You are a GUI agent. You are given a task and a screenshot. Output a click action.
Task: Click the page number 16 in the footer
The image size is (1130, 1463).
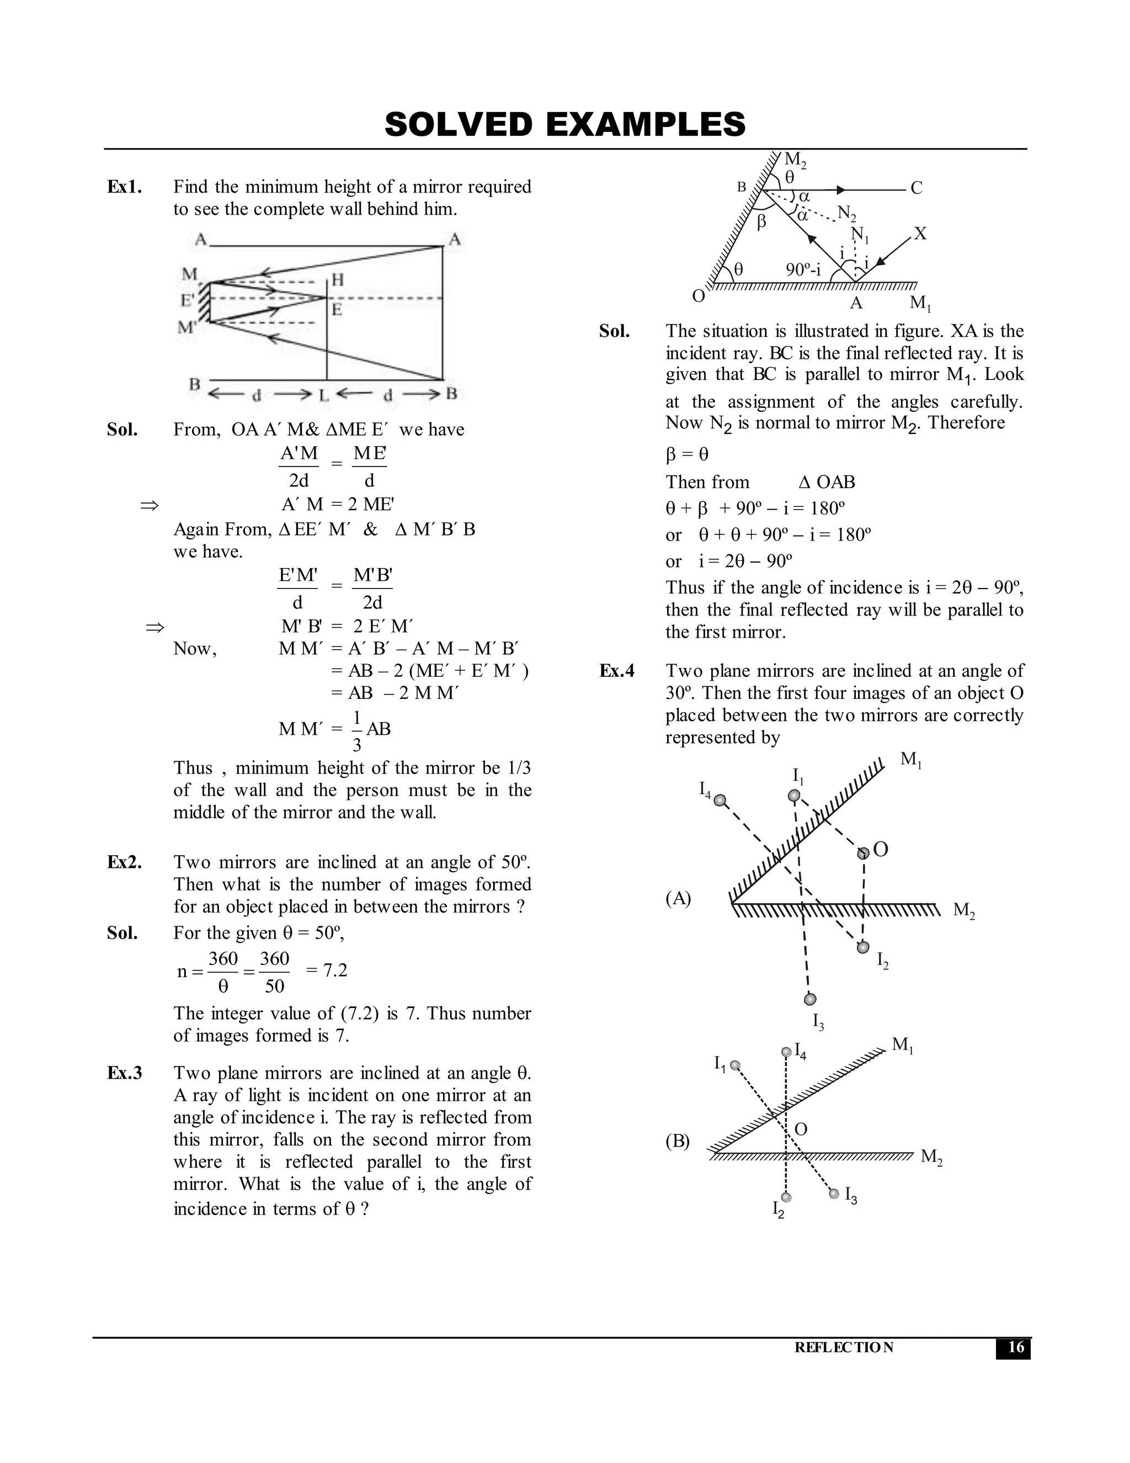1015,1347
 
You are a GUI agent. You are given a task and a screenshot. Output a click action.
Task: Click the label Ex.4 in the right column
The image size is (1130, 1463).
616,671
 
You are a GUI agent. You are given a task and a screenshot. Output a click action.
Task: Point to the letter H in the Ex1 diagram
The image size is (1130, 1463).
337,280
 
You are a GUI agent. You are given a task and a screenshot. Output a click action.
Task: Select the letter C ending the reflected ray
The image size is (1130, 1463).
916,188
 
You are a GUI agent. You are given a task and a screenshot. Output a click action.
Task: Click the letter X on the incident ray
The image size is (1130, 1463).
920,234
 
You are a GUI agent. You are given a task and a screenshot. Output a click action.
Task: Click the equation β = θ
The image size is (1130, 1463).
687,455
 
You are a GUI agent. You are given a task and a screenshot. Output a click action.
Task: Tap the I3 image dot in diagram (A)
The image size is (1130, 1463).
810,999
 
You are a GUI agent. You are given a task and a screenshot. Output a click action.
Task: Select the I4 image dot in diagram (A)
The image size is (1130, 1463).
719,800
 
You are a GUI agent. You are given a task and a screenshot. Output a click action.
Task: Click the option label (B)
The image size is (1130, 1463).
678,1141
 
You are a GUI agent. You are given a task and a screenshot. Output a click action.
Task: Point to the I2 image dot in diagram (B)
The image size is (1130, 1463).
787,1197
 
